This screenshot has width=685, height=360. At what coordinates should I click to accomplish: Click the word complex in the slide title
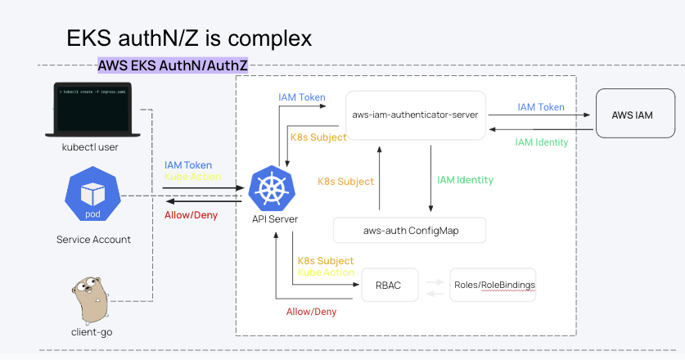point(267,38)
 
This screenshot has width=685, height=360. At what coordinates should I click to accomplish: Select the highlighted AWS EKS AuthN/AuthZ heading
point(173,65)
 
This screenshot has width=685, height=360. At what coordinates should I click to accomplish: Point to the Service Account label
point(93,240)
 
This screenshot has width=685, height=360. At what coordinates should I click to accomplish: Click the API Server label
point(274,219)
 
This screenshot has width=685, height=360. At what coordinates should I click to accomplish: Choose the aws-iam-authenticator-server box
point(415,115)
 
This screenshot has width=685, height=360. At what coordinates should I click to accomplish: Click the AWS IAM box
point(633,115)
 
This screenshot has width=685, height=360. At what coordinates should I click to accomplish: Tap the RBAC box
point(388,285)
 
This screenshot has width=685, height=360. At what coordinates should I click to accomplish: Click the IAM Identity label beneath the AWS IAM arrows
point(541,142)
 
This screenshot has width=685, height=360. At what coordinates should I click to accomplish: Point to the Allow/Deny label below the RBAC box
point(311,311)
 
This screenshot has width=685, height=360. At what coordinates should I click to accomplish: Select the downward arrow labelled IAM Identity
point(431,180)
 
